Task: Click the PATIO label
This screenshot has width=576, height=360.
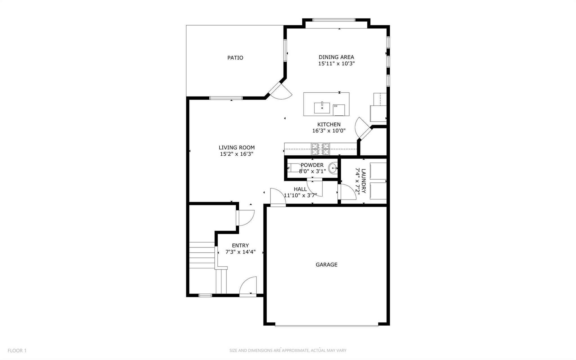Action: tap(235, 58)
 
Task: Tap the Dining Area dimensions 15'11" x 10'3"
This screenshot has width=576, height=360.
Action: tap(336, 64)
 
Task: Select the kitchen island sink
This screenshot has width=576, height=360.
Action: tap(322, 108)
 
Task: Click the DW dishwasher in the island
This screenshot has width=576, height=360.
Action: tap(339, 110)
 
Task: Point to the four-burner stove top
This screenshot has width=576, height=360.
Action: tap(320, 149)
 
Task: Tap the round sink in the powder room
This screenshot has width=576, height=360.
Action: tap(333, 169)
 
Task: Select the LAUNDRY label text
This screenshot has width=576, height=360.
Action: tap(363, 181)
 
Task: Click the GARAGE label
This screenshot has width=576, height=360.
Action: tap(326, 265)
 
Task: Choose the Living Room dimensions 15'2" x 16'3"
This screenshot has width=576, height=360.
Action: tap(237, 154)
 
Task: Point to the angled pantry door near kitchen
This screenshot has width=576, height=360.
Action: tap(363, 129)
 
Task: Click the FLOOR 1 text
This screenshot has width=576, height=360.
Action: tap(17, 350)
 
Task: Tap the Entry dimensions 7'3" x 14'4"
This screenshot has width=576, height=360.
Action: tap(240, 252)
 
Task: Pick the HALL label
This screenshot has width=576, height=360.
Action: tap(300, 189)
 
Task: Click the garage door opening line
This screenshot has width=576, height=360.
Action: tap(326, 326)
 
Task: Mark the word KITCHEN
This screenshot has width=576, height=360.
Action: tap(329, 124)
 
